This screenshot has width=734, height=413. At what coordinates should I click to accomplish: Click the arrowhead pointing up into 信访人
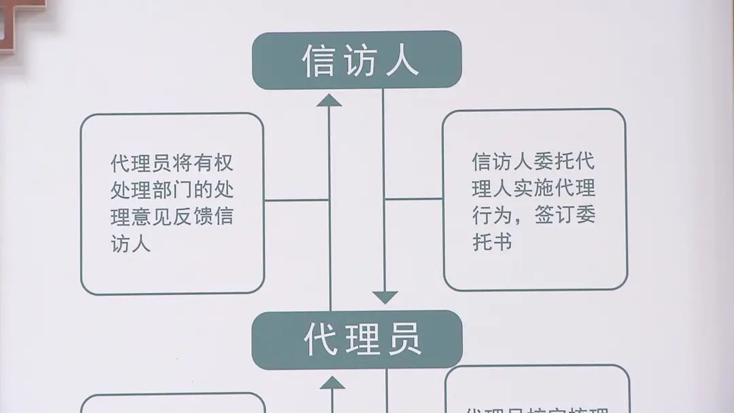pos(330,101)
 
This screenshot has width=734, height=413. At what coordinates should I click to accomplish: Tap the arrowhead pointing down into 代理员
pos(385,297)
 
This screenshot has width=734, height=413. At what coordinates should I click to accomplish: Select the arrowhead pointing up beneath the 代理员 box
pos(332,382)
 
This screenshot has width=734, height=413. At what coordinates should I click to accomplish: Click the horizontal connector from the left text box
pos(296,200)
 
